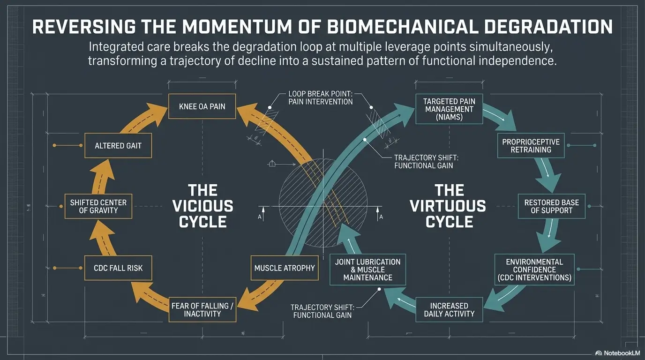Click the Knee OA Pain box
click(x=202, y=106)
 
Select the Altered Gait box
click(x=118, y=145)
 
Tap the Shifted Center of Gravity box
click(x=98, y=206)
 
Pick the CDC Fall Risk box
click(x=118, y=268)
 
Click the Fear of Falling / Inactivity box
click(x=202, y=309)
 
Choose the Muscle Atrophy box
click(x=284, y=268)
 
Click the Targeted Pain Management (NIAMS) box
click(x=449, y=109)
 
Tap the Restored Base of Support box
click(x=551, y=206)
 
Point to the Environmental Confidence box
click(x=534, y=270)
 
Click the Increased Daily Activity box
click(x=449, y=309)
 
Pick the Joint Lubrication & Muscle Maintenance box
click(x=367, y=270)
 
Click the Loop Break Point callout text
click(x=321, y=97)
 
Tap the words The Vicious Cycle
click(x=202, y=206)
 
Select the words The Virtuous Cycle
click(x=449, y=206)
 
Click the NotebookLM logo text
click(x=617, y=353)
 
